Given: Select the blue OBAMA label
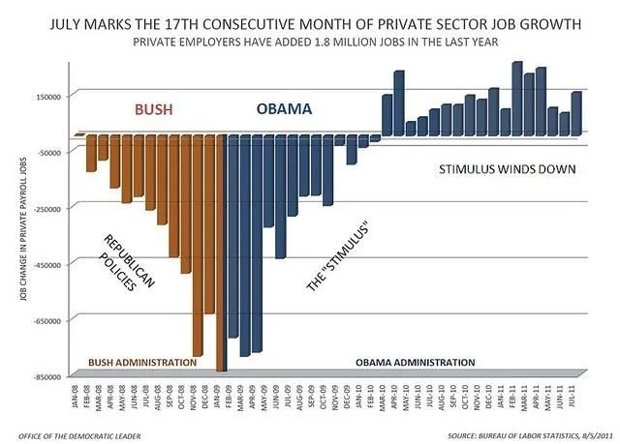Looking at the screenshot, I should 284,109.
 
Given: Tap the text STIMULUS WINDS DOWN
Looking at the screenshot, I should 508,169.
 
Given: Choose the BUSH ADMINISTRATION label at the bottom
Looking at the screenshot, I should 142,363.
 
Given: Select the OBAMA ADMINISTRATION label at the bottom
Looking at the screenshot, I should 415,363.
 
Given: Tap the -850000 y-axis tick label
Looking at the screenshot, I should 43,376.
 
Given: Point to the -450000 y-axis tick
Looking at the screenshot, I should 43,264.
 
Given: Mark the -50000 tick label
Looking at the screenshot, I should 46,153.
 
